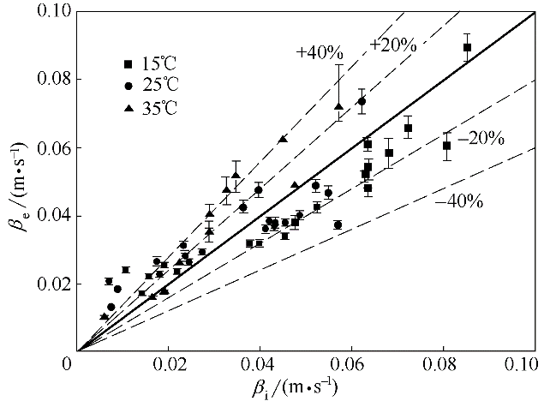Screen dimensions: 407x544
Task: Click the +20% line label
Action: point(393,45)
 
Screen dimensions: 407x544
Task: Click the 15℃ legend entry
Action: point(154,64)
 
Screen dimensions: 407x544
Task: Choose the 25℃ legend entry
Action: point(154,87)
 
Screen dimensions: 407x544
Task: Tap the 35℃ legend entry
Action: point(154,109)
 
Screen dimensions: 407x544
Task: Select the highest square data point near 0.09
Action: point(467,47)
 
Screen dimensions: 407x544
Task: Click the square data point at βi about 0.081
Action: point(446,146)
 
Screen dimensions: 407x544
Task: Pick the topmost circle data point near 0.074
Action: point(362,101)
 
